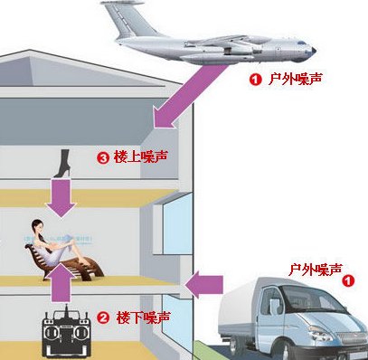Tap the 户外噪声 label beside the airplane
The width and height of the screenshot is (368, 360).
295,80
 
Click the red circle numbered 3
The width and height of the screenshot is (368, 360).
128,157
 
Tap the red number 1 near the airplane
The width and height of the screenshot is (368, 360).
256,80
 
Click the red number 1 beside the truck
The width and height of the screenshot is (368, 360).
348,281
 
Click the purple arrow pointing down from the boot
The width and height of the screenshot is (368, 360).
61,197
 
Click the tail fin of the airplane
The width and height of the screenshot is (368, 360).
118,18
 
